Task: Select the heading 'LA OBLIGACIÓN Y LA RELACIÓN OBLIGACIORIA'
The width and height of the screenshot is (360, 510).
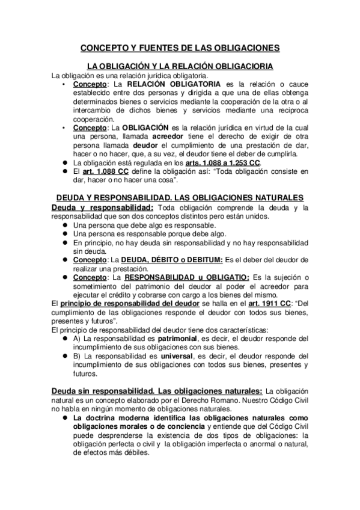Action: click(x=180, y=66)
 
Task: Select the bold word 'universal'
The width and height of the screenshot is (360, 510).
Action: click(x=171, y=356)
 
